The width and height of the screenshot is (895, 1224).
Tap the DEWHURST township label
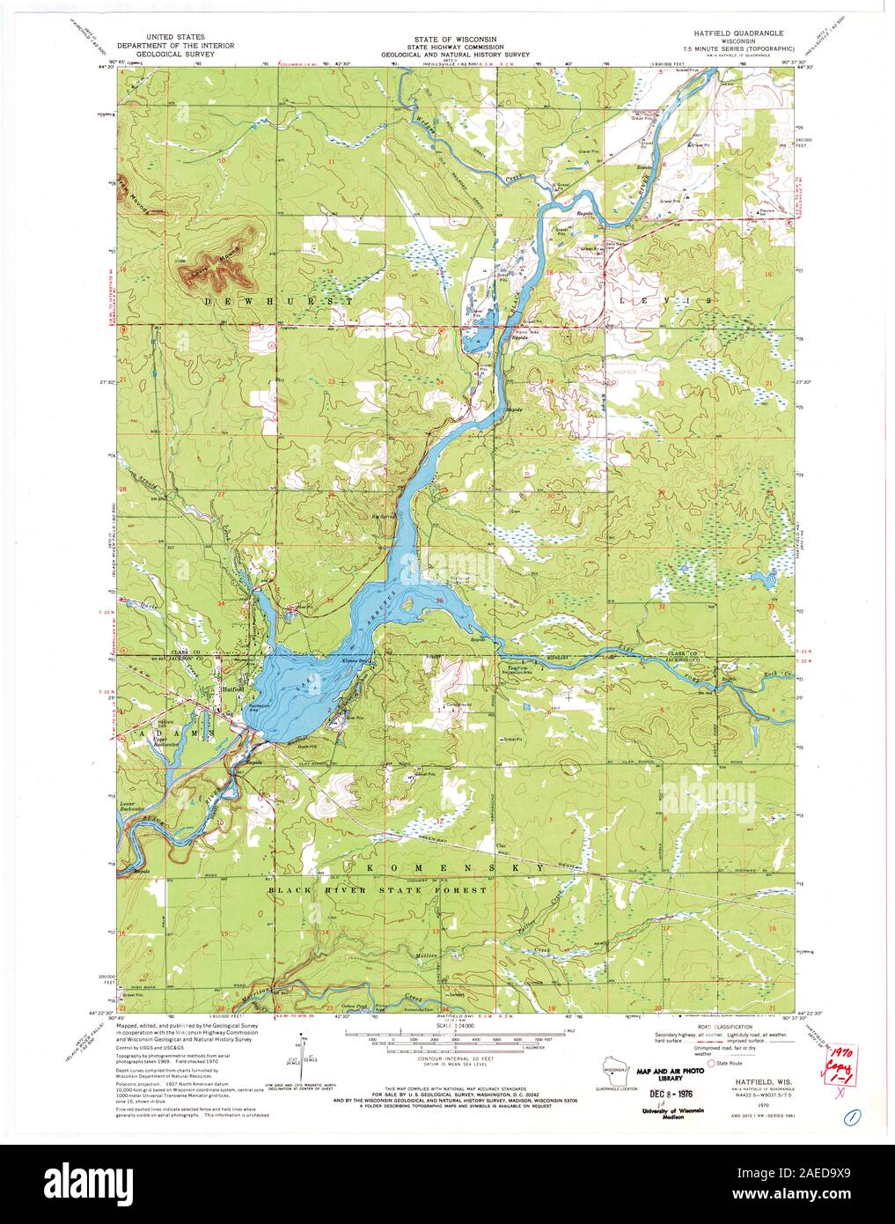280,301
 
